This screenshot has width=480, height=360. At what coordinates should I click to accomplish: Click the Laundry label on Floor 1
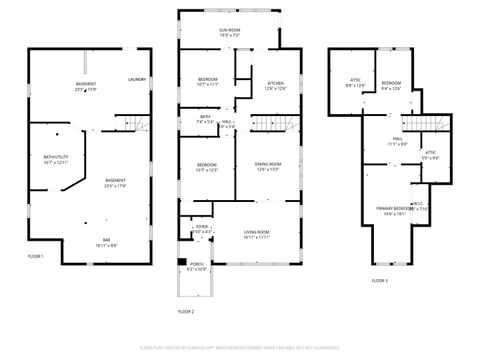pyautogui.click(x=137, y=78)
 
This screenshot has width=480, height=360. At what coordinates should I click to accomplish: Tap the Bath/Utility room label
pyautogui.click(x=56, y=159)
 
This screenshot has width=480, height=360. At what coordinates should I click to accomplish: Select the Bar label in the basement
pyautogui.click(x=107, y=243)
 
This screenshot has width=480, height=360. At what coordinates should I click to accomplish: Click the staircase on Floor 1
pyautogui.click(x=135, y=124)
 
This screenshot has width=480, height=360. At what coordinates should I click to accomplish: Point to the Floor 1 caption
pyautogui.click(x=36, y=256)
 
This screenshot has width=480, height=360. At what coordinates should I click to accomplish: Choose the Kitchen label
pyautogui.click(x=275, y=84)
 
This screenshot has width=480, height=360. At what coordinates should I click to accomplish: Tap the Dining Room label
pyautogui.click(x=268, y=166)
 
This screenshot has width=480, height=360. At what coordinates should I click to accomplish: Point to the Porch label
pyautogui.click(x=197, y=267)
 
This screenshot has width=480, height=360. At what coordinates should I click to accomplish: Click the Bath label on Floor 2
pyautogui.click(x=204, y=119)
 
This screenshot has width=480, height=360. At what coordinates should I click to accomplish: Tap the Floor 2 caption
pyautogui.click(x=185, y=312)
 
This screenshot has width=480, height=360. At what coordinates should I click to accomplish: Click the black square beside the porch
pyautogui.click(x=181, y=263)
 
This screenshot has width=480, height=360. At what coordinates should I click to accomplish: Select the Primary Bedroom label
pyautogui.click(x=393, y=210)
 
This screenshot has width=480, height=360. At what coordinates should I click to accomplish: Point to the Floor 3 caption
pyautogui.click(x=379, y=282)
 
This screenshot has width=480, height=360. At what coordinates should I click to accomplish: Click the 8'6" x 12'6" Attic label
pyautogui.click(x=355, y=84)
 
